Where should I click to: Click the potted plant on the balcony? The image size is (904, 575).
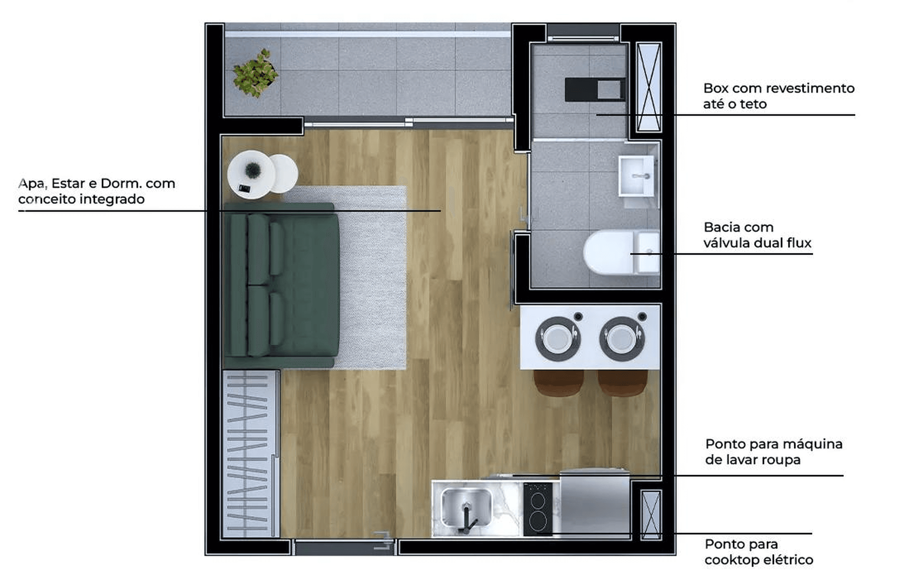click(255, 73)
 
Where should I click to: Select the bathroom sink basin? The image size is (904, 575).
click(636, 176)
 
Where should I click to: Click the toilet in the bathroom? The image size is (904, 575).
click(621, 252)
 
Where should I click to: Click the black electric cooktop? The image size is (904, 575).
click(538, 509)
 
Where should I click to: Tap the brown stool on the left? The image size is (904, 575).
click(558, 382)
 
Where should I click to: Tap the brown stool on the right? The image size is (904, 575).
click(622, 382)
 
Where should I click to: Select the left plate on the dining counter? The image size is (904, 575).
click(557, 339)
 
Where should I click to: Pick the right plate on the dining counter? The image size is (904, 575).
click(621, 339)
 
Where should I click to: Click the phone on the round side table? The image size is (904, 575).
click(244, 188)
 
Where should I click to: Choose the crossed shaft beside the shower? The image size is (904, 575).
click(649, 87)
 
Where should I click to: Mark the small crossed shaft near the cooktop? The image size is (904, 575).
click(651, 515)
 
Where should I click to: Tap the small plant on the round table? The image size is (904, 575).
click(253, 170)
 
